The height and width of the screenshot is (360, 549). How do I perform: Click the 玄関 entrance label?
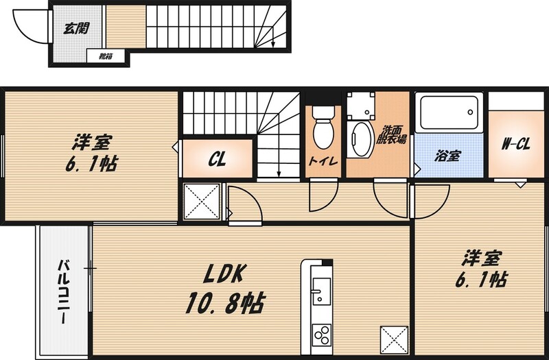[76, 28]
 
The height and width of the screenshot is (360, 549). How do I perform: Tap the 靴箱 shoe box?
[106, 56]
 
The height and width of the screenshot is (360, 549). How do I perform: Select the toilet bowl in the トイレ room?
[323, 128]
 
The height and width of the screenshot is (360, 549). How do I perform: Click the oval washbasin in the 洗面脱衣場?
[362, 139]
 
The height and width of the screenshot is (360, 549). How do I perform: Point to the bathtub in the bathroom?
[449, 112]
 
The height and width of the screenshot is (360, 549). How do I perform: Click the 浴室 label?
[448, 156]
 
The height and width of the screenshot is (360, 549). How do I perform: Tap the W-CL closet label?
[516, 144]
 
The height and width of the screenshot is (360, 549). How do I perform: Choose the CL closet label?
[217, 160]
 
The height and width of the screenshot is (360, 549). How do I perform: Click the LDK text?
[224, 273]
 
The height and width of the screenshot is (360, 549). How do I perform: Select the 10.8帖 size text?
[225, 303]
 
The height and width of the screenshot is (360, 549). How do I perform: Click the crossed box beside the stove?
[394, 340]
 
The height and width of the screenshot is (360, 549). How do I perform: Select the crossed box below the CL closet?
[202, 202]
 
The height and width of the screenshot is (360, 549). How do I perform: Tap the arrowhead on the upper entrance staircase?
[272, 45]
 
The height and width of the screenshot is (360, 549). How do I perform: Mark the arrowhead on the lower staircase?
[279, 174]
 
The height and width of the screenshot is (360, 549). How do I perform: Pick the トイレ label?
[323, 161]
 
